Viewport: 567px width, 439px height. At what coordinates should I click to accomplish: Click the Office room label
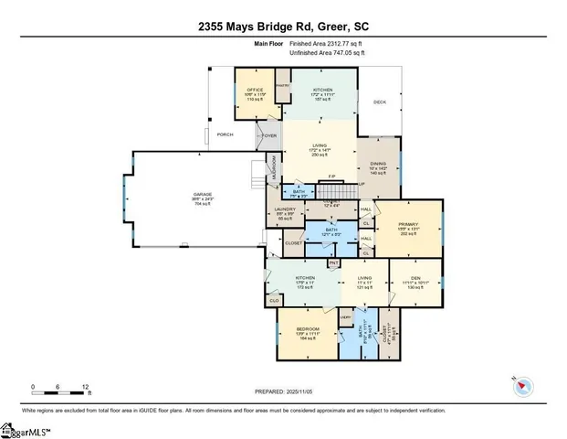tap(255, 90)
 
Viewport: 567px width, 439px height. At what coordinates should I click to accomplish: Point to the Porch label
tap(225, 134)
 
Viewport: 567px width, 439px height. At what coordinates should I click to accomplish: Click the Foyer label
tap(269, 135)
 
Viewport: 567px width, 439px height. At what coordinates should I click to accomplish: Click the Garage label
tap(202, 195)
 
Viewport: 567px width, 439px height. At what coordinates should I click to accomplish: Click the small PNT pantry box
tap(333, 263)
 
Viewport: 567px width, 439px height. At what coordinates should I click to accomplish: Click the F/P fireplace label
tap(331, 176)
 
